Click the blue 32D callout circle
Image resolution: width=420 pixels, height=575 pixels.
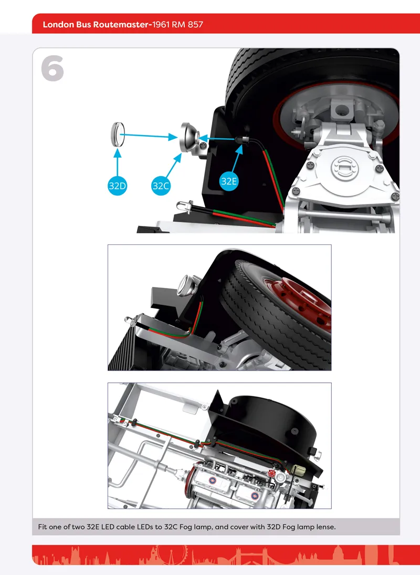(x=117, y=186)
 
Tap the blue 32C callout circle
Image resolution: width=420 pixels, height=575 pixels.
(x=160, y=186)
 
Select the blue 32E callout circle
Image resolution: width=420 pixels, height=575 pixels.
(x=229, y=181)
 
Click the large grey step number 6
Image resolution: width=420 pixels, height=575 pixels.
(x=52, y=68)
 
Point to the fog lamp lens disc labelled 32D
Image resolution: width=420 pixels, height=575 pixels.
(x=118, y=134)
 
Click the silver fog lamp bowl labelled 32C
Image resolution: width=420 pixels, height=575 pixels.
(x=190, y=137)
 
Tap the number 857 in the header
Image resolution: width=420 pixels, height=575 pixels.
(x=195, y=25)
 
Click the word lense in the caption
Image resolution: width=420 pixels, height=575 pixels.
(x=326, y=527)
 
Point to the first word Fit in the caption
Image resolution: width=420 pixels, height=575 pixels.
(x=43, y=527)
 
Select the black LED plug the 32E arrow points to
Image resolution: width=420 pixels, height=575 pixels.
(x=241, y=140)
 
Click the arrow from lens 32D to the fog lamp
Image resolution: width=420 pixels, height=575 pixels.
(x=149, y=136)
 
